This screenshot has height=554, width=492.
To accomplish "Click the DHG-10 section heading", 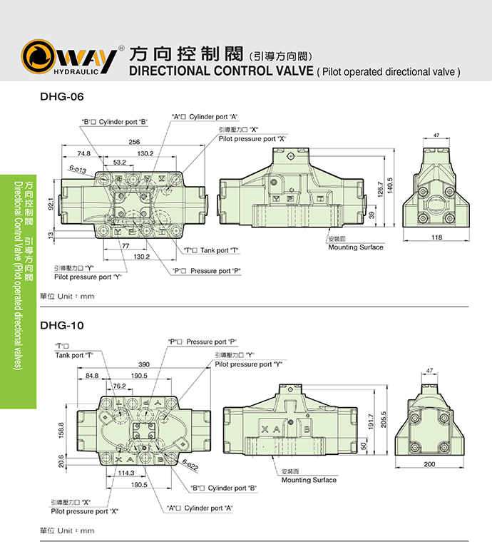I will pos(62,325).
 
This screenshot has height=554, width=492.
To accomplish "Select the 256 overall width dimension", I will pos(134,142).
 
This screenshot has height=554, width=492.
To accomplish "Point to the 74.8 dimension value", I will pos(84,153).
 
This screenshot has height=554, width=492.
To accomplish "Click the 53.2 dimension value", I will pos(119,163).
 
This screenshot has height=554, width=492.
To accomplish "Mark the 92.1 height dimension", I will pos(51,203).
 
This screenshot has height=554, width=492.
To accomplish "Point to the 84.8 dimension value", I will pos(92,375).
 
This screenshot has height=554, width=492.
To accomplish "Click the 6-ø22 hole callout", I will pos(190,467).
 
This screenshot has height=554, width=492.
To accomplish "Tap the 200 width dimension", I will pos(429,464).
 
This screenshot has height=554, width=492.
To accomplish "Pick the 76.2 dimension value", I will pos(119,386).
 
